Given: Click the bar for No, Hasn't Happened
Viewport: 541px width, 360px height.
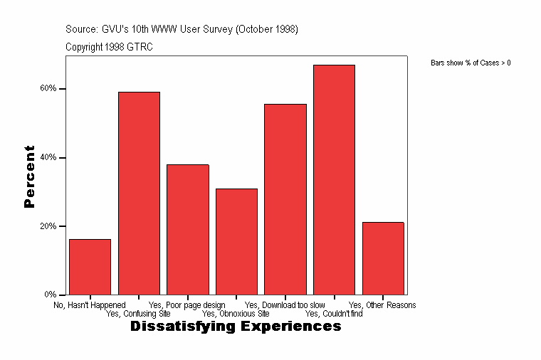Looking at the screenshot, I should [90, 267].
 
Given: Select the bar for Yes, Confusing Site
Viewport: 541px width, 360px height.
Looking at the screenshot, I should [139, 193].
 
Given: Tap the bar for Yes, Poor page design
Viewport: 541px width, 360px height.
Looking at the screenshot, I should [188, 229].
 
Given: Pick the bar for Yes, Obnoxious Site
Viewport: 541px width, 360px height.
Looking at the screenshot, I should [236, 241].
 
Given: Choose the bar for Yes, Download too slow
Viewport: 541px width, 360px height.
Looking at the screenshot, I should [285, 199].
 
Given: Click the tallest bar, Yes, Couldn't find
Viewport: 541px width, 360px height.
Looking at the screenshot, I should [334, 179].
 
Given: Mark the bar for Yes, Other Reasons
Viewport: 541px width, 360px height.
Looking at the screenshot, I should [383, 258].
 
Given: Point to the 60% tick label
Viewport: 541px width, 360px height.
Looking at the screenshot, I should [48, 89].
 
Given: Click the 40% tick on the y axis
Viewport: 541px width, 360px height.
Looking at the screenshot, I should [48, 157].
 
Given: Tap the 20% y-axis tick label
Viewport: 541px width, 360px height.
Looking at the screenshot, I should [48, 226].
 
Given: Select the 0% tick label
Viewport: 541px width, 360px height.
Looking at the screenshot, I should [51, 295].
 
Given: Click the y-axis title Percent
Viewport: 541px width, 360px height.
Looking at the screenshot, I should [29, 176].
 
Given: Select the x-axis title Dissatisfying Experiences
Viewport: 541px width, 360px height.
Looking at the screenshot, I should [236, 327].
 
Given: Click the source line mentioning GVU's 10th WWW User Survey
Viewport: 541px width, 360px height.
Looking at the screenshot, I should [182, 29].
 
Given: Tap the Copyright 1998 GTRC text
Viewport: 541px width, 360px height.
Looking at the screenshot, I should [109, 47].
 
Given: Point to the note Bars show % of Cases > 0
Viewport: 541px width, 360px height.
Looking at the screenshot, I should [471, 63].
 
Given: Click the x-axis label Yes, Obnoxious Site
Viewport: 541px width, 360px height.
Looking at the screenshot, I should [236, 313].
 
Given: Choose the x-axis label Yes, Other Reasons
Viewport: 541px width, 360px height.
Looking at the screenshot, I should [382, 305].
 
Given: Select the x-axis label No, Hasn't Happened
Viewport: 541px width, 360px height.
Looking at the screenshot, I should [90, 305].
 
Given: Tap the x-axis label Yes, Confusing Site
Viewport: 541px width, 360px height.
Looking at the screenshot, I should [138, 313].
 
